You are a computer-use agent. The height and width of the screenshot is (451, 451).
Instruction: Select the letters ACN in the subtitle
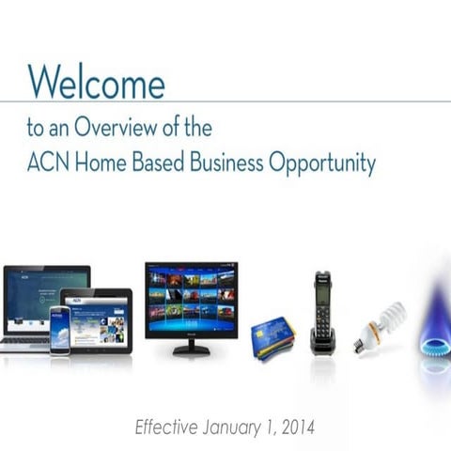[x=48, y=164]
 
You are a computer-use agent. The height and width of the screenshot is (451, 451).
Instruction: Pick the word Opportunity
[x=322, y=166]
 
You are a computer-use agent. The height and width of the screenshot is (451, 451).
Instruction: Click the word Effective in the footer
[x=166, y=427]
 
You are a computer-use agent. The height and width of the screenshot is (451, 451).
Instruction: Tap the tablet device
[x=99, y=319]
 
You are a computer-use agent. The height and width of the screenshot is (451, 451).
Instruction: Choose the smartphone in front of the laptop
[x=60, y=331]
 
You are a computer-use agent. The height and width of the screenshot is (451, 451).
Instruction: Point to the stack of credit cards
[x=273, y=337]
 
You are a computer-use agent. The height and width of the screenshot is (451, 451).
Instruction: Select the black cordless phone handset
[x=321, y=314]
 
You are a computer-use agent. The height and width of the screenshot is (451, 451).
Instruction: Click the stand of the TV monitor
[x=191, y=346]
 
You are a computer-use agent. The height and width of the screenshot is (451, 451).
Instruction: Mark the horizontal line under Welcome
[x=225, y=101]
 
